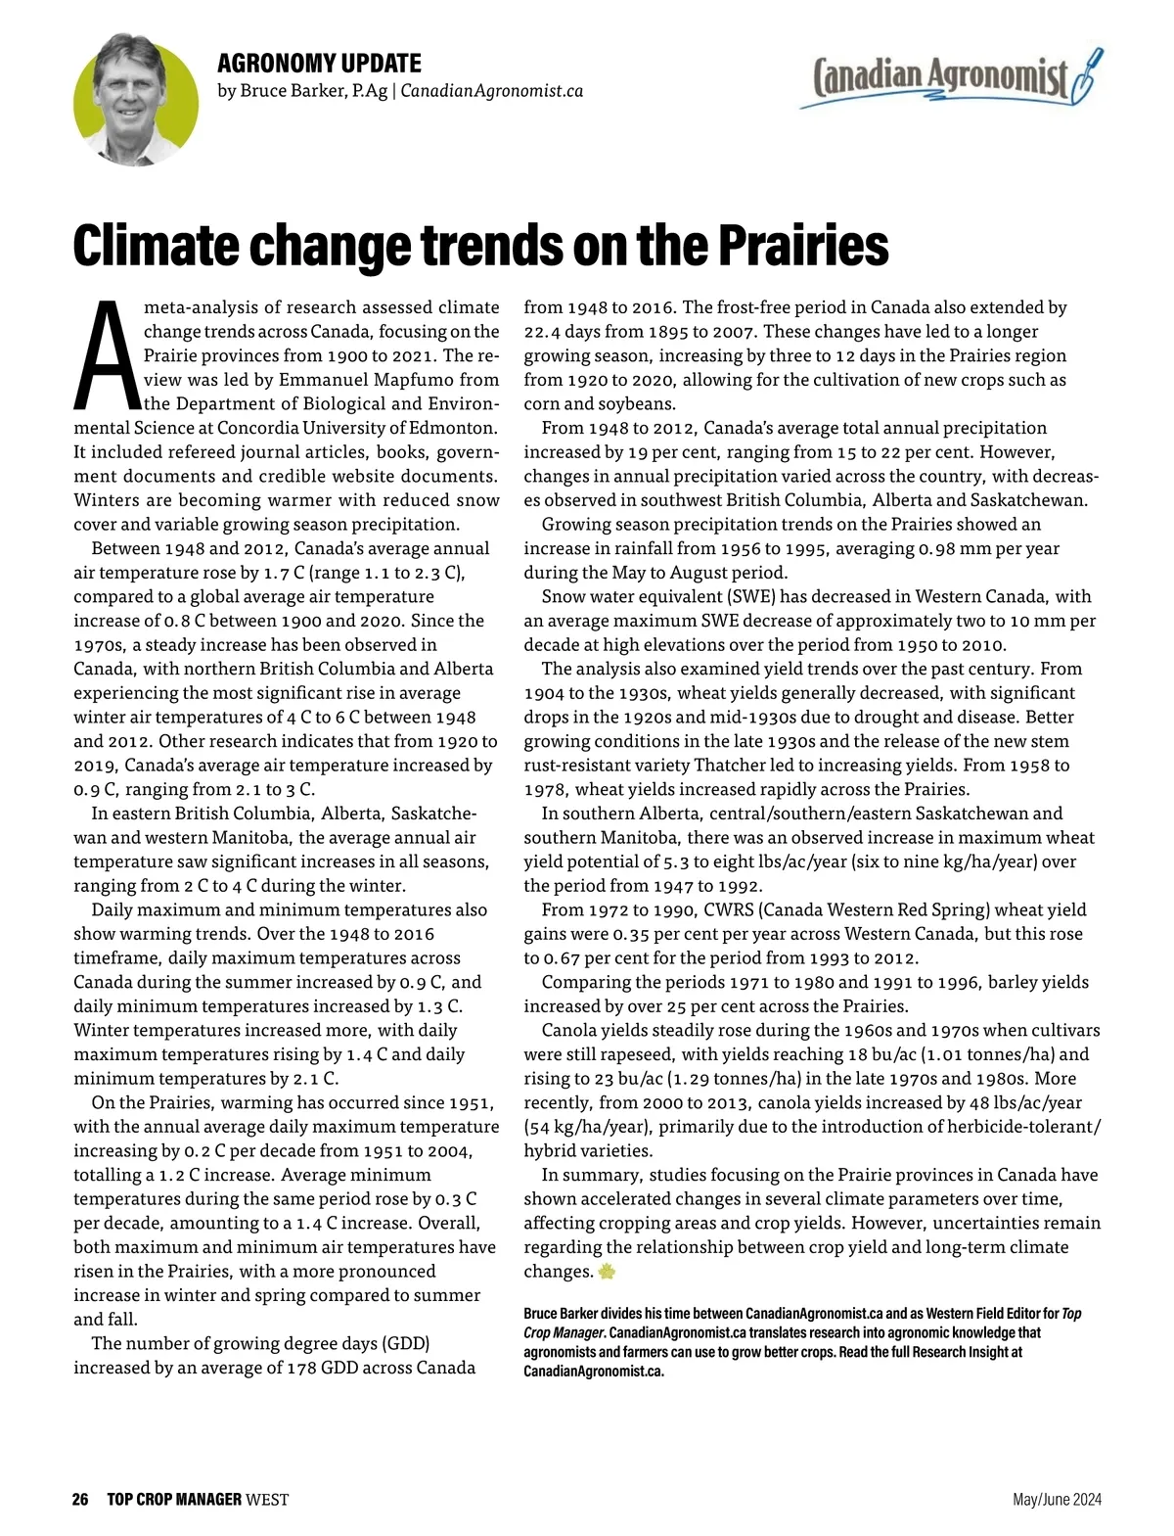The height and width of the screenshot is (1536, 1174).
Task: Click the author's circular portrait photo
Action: pyautogui.click(x=136, y=100)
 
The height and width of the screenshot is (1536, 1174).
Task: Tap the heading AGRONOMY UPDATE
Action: pyautogui.click(x=319, y=64)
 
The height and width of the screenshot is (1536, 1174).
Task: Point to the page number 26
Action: pyautogui.click(x=80, y=1499)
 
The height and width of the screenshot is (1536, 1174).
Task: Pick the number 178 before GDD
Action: pyautogui.click(x=301, y=1368)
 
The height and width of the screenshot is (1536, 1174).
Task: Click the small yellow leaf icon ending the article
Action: pyautogui.click(x=607, y=1272)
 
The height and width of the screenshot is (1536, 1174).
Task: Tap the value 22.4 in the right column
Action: pyautogui.click(x=542, y=332)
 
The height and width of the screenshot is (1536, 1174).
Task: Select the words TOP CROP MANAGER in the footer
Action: pyautogui.click(x=174, y=1499)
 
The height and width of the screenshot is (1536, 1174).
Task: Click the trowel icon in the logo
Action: pyautogui.click(x=1087, y=76)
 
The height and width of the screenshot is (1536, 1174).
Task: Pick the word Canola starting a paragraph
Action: pyautogui.click(x=569, y=1030)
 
